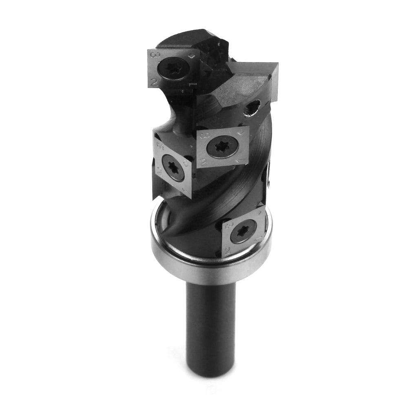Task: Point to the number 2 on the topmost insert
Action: (x=154, y=82)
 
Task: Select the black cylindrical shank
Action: (x=210, y=318)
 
